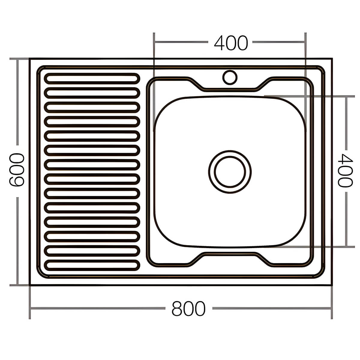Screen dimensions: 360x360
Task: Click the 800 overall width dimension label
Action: (x=188, y=308)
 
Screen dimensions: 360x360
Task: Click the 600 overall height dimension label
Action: (x=17, y=170)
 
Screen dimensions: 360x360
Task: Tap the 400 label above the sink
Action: (x=231, y=43)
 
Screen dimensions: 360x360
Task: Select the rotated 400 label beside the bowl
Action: (x=345, y=170)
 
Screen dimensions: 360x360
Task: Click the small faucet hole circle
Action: (x=230, y=77)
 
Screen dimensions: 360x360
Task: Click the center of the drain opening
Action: (x=230, y=172)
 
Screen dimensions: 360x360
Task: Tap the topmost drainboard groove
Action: (x=92, y=79)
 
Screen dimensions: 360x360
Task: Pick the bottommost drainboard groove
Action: (x=92, y=265)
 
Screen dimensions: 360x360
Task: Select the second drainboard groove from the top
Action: (x=92, y=93)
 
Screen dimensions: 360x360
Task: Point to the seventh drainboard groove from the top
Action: (x=92, y=165)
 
